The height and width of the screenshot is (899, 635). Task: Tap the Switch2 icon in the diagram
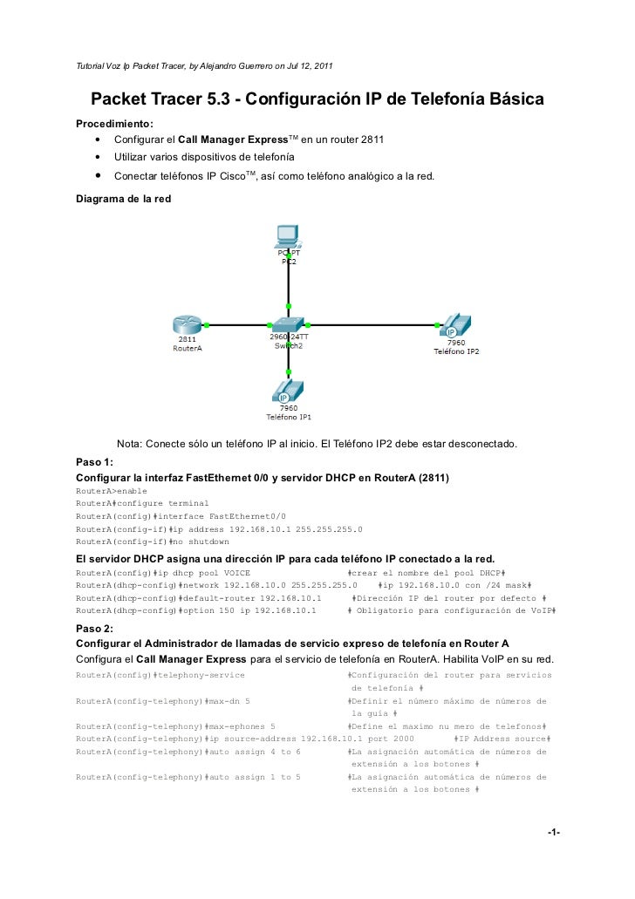(288, 324)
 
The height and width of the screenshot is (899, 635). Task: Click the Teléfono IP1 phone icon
(288, 390)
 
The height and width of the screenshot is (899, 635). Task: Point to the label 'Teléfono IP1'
(288, 416)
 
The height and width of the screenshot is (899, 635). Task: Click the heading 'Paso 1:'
(94, 462)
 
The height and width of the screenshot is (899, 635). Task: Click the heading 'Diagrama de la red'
(124, 199)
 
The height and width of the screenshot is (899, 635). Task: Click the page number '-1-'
(552, 833)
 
